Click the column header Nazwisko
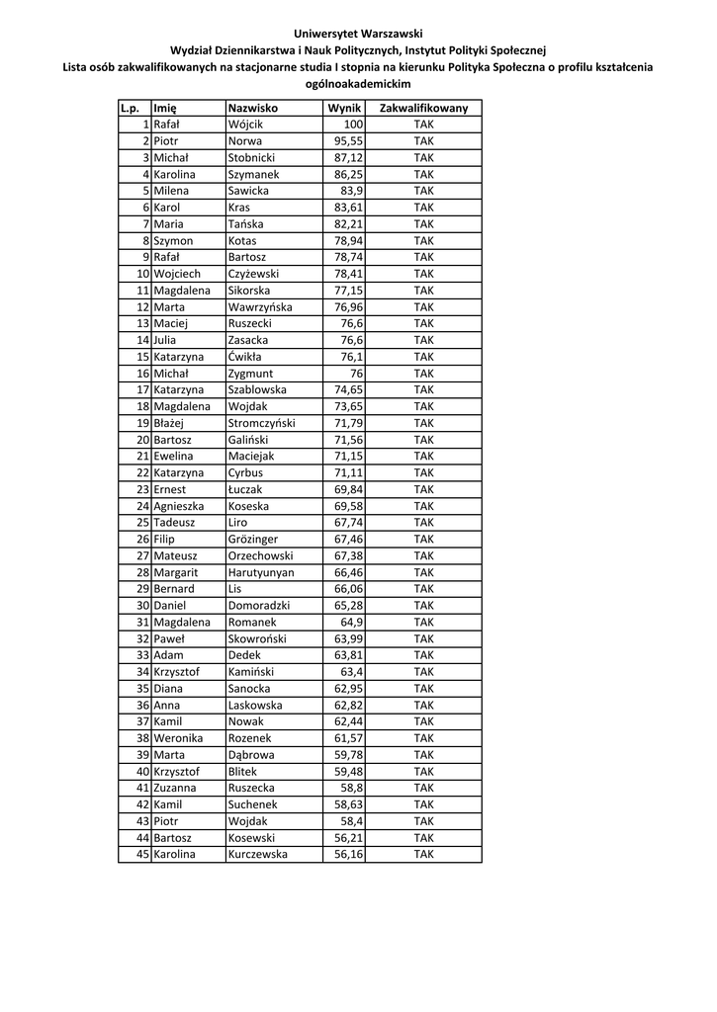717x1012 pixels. pyautogui.click(x=253, y=108)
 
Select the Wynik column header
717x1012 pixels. pyautogui.click(x=345, y=108)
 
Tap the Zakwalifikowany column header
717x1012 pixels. pyautogui.click(x=423, y=108)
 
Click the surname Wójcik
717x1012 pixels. pyautogui.click(x=245, y=125)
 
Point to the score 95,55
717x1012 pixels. pyautogui.click(x=349, y=141)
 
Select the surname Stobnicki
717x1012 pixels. pyautogui.click(x=251, y=158)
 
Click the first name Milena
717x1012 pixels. pyautogui.click(x=171, y=191)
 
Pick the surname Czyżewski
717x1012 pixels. pyautogui.click(x=253, y=274)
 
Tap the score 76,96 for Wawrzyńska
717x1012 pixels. pyautogui.click(x=349, y=307)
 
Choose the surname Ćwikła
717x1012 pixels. pyautogui.click(x=245, y=357)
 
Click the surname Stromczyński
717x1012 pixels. pyautogui.click(x=261, y=423)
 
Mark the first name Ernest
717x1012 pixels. pyautogui.click(x=170, y=489)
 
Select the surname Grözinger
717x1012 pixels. pyautogui.click(x=253, y=540)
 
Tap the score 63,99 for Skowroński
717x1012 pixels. pyautogui.click(x=349, y=639)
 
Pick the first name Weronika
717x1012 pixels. pyautogui.click(x=179, y=738)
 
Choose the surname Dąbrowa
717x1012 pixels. pyautogui.click(x=251, y=755)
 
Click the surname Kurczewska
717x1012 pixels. pyautogui.click(x=257, y=855)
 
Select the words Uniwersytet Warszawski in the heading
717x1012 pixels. pyautogui.click(x=358, y=34)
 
